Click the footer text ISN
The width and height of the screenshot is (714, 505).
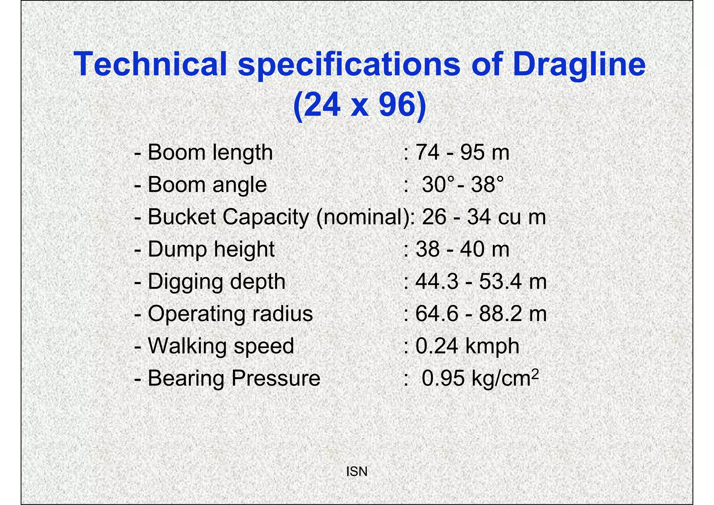click(357, 471)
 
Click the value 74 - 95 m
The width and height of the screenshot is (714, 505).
click(462, 153)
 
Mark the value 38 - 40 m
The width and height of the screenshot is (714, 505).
click(462, 249)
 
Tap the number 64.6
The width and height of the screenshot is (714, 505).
click(437, 314)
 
